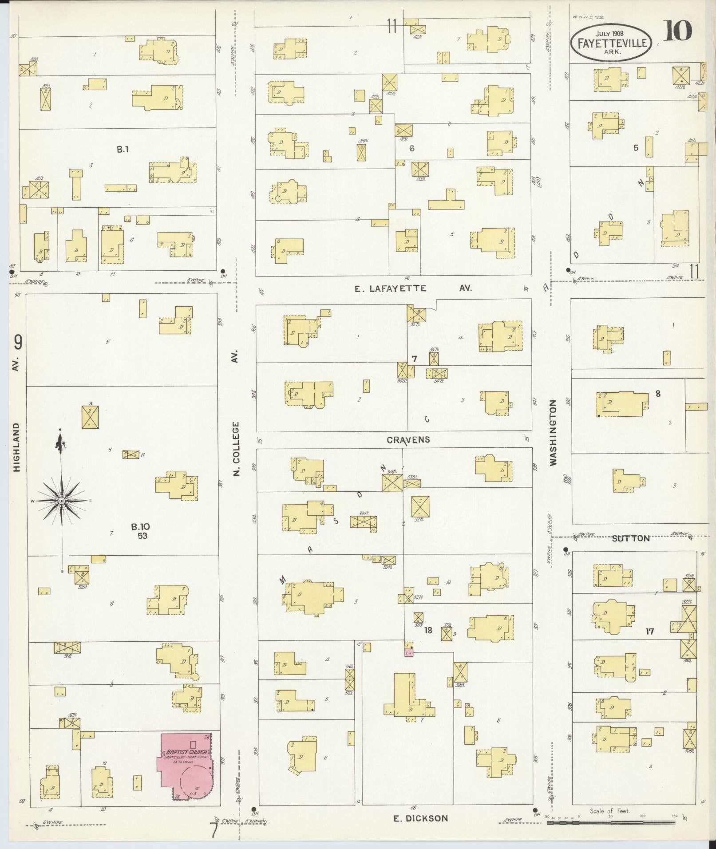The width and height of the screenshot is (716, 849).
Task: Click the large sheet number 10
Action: [x=678, y=30]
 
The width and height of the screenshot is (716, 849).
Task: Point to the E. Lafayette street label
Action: [x=391, y=288]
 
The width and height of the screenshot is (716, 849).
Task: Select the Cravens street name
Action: [x=408, y=439]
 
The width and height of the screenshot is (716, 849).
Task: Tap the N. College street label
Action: [x=236, y=448]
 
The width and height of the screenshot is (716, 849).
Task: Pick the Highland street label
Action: [x=17, y=446]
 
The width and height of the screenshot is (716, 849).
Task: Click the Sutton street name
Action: [x=630, y=538]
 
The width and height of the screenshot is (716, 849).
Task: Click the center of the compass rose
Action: [x=61, y=501]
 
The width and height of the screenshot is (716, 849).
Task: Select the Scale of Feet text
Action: [x=610, y=811]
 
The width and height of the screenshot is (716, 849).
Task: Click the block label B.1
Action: [x=123, y=150]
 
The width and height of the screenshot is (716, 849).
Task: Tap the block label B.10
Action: [x=140, y=527]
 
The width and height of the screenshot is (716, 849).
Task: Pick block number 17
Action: [x=649, y=631]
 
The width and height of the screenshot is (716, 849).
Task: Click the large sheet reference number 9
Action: [x=18, y=342]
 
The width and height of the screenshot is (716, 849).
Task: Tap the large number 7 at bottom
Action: [x=214, y=831]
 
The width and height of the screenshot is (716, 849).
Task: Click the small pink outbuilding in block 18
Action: [x=409, y=653]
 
